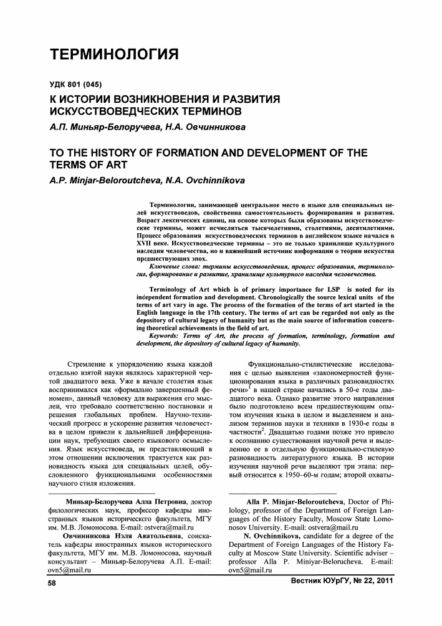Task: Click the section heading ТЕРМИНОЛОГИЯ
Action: (115, 54)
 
